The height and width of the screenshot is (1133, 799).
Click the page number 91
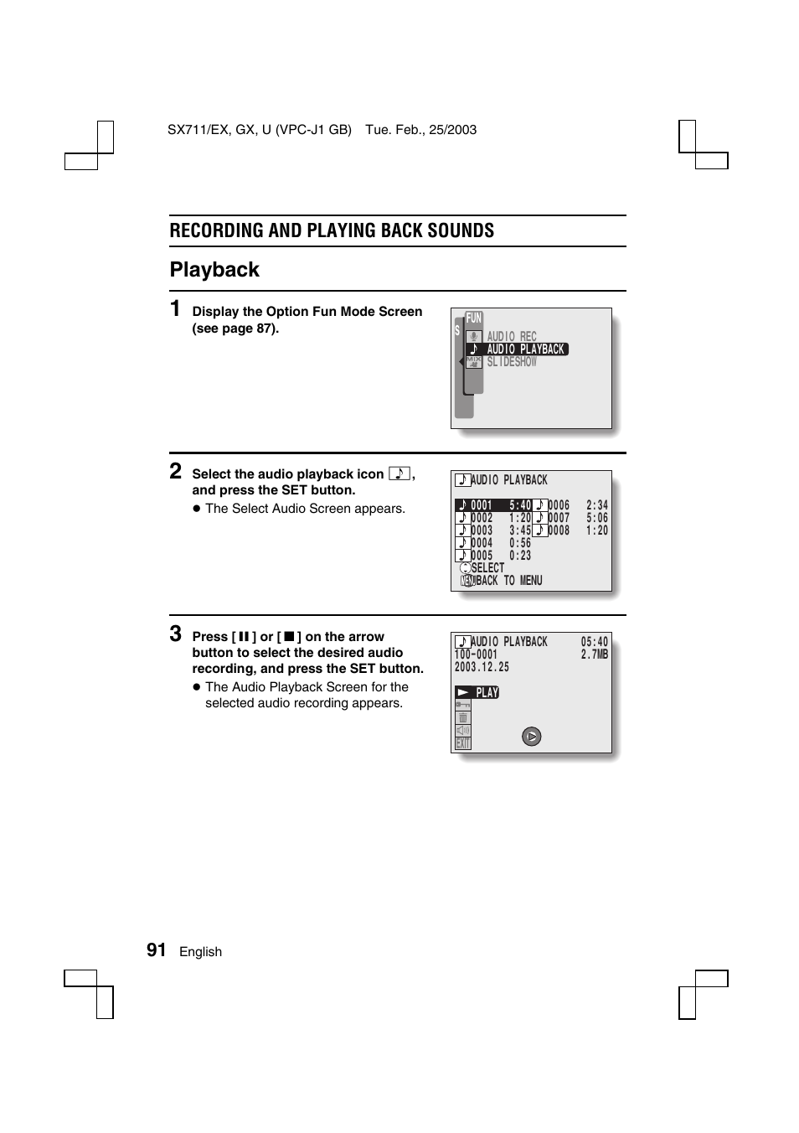156,949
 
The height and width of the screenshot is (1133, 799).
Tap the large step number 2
176,471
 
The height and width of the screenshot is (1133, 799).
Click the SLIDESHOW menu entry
512,362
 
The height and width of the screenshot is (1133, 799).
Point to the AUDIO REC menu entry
512,337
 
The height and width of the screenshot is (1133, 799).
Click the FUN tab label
474,318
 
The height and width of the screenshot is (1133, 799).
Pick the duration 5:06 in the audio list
597,518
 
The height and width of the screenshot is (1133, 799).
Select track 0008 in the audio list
559,530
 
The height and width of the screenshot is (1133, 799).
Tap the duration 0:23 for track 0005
520,556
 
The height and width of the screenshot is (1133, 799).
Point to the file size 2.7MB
595,654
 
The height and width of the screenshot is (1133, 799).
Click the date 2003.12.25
482,667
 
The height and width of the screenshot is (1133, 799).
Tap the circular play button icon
532,737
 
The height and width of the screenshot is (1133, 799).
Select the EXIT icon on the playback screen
463,743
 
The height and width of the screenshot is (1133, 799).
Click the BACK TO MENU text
509,581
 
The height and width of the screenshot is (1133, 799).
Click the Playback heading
214,270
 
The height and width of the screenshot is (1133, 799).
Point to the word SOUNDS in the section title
460,230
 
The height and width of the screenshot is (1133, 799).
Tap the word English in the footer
200,952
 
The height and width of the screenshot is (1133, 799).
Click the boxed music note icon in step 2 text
399,473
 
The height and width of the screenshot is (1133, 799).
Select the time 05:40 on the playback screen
595,642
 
